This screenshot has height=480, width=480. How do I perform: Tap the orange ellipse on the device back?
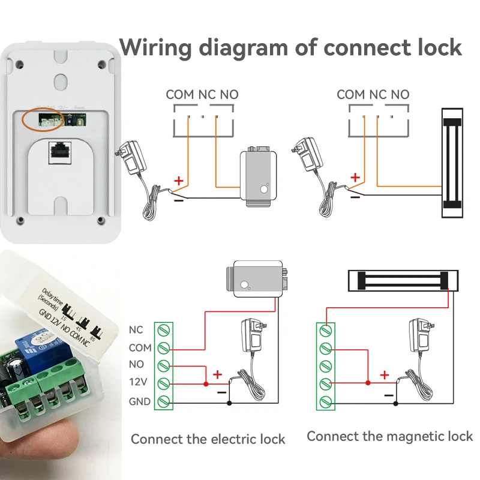pyautogui.click(x=45, y=119)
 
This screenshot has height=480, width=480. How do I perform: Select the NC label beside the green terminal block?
pyautogui.click(x=136, y=329)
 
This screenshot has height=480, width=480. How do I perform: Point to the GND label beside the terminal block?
pyautogui.click(x=139, y=401)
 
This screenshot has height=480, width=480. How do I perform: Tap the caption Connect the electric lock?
pyautogui.click(x=208, y=439)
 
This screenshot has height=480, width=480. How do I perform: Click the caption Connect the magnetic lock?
pyautogui.click(x=390, y=436)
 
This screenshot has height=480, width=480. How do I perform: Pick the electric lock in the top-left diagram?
pyautogui.click(x=259, y=178)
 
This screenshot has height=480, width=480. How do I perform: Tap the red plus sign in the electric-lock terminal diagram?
pyautogui.click(x=217, y=374)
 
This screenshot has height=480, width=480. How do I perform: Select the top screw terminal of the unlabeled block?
pyautogui.click(x=325, y=329)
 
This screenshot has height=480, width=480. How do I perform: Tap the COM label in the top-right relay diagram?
pyautogui.click(x=350, y=94)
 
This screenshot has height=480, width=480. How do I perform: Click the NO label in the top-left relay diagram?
pyautogui.click(x=229, y=94)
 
